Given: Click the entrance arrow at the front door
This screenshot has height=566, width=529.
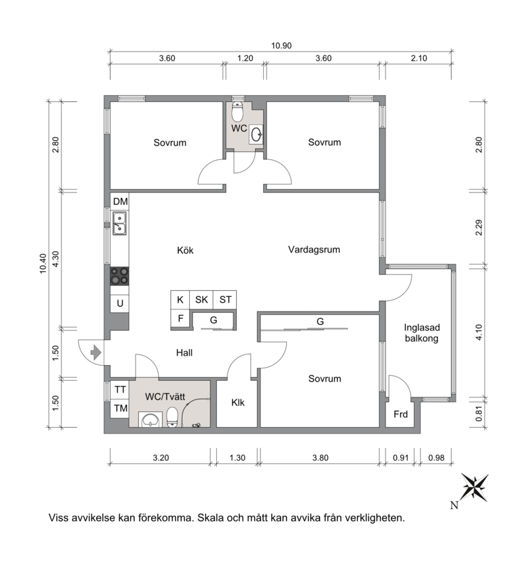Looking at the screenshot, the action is pyautogui.click(x=95, y=352).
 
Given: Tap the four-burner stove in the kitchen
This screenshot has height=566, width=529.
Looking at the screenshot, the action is pyautogui.click(x=119, y=276).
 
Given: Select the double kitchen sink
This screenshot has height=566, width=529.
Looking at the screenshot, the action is pyautogui.click(x=120, y=223).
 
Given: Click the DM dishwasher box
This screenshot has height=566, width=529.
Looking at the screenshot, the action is pyautogui.click(x=120, y=202).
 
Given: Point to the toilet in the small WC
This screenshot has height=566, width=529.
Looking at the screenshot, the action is pyautogui.click(x=237, y=112).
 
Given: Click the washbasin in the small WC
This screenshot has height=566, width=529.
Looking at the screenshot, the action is pyautogui.click(x=257, y=134).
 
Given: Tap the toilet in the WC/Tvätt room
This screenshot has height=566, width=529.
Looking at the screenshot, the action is pyautogui.click(x=172, y=417).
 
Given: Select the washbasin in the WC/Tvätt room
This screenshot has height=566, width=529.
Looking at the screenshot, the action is pyautogui.click(x=150, y=420).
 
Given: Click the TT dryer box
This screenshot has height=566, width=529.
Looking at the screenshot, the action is pyautogui.click(x=120, y=390).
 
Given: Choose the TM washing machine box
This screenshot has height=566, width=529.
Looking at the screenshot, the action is pyautogui.click(x=120, y=408).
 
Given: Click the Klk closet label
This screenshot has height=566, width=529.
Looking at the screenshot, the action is pyautogui.click(x=238, y=403).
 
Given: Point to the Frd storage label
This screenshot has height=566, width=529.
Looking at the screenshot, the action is pyautogui.click(x=401, y=414).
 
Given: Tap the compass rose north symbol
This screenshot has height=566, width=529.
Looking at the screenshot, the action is pyautogui.click(x=474, y=487).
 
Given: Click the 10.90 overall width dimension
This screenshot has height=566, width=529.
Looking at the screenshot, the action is pyautogui.click(x=281, y=46).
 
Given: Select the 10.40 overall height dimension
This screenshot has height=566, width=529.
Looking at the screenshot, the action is pyautogui.click(x=43, y=264).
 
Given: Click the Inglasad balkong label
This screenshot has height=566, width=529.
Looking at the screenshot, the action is pyautogui.click(x=422, y=333).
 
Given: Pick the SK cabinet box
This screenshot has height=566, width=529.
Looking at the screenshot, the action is pyautogui.click(x=202, y=300).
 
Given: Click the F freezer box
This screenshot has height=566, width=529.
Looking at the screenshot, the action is pyautogui.click(x=180, y=319).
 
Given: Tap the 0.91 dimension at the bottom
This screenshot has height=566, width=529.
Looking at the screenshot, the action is pyautogui.click(x=401, y=458).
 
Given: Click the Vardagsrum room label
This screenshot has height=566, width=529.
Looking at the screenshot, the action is pyautogui.click(x=314, y=249).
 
